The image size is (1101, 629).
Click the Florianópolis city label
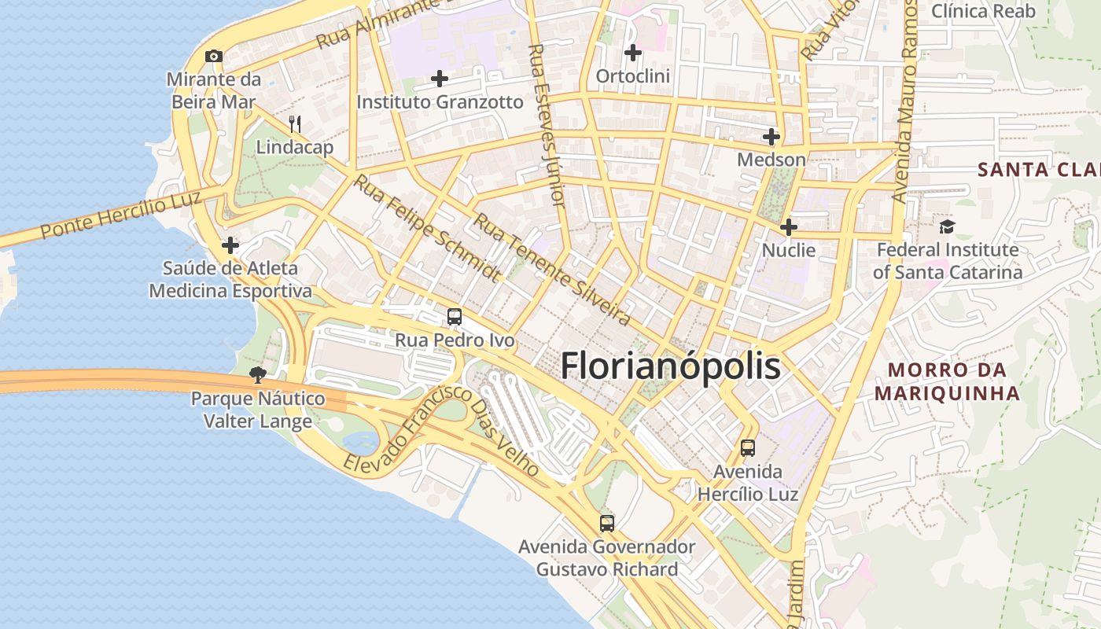670,366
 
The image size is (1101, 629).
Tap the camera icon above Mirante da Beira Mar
213,57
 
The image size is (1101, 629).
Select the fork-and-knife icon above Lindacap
295,123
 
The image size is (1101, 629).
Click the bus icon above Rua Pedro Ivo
455,317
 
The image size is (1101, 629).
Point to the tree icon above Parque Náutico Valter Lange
257,375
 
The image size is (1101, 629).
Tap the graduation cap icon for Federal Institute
947,227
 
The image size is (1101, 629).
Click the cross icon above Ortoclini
632,53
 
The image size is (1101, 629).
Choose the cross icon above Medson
771,137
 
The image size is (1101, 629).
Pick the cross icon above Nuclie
788,228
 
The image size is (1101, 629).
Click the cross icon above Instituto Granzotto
440,79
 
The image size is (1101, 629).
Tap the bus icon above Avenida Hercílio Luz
748,448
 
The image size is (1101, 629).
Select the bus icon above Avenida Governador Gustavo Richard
606,523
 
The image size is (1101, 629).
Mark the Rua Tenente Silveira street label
551,270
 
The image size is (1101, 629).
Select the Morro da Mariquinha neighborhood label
947,381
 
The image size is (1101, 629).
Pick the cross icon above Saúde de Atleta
230,245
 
